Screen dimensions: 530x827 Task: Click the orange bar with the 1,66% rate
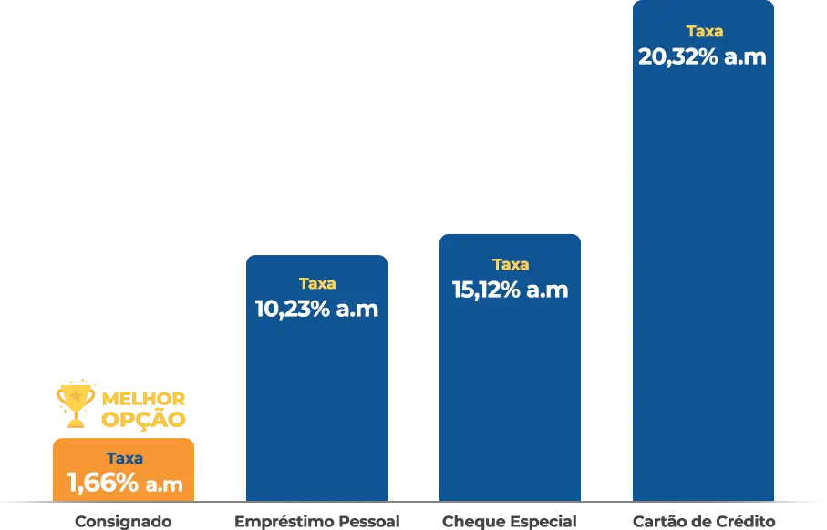coord(124,469)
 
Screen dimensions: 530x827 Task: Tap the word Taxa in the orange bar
coord(124,459)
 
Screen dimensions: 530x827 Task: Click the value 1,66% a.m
coord(124,483)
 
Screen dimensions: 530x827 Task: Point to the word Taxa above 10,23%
coord(317,283)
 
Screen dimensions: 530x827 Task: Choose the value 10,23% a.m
coord(316,309)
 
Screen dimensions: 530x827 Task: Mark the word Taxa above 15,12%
coord(511,264)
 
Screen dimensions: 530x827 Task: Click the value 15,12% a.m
coord(510,290)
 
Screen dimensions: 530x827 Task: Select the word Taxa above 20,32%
coord(704,31)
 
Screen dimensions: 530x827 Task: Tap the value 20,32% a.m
coord(702,56)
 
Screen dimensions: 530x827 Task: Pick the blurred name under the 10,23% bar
coord(316,521)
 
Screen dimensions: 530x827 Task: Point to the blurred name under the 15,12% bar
coord(507,521)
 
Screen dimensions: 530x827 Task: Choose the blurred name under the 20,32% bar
coord(703,521)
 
